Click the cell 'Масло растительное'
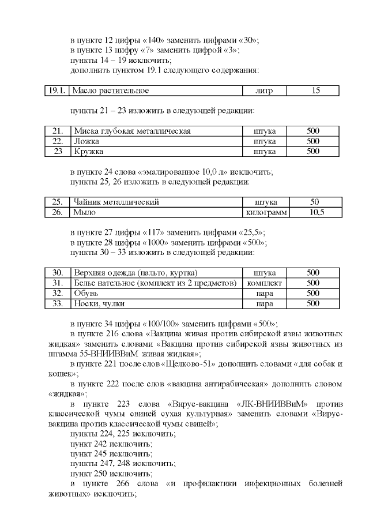pos(111,91)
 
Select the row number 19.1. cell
pos(57,91)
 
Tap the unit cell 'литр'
pos(265,91)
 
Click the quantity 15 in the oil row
pos(315,91)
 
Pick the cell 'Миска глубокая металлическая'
pos(132,131)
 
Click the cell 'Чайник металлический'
pos(116,202)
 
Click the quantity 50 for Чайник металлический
pos(315,202)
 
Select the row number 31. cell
pos(57,283)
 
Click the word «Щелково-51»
pos(184,364)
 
